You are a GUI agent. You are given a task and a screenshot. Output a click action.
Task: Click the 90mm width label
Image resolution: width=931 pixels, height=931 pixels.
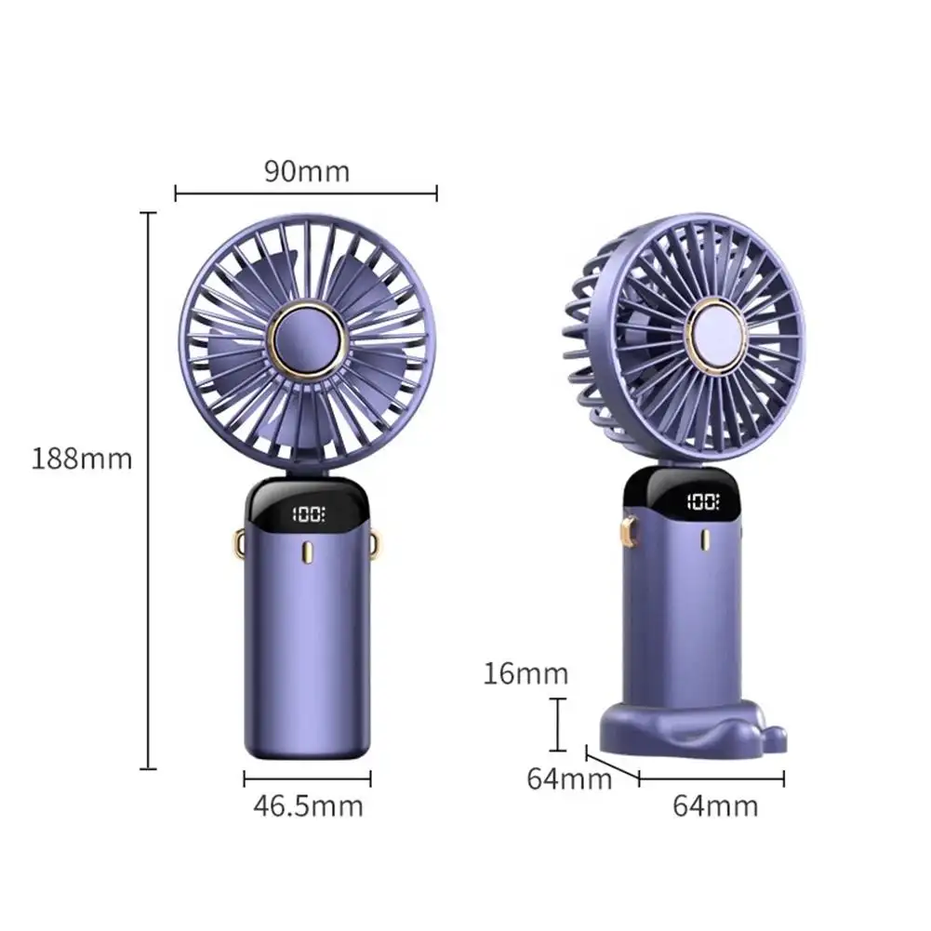click(x=306, y=171)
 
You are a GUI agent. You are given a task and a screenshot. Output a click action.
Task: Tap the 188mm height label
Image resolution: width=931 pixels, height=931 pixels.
click(x=83, y=459)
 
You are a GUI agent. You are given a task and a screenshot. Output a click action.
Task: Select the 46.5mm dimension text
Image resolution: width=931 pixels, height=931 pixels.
click(x=308, y=805)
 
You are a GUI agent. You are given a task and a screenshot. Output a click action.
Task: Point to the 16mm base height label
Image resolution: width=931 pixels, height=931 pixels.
click(x=525, y=672)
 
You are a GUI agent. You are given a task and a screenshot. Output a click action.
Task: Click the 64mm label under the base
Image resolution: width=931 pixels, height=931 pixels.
click(x=715, y=805)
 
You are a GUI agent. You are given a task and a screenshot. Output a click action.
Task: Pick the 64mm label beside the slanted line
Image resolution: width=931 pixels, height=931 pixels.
click(x=569, y=778)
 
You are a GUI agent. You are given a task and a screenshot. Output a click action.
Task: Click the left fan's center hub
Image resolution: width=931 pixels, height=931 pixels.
click(x=307, y=339)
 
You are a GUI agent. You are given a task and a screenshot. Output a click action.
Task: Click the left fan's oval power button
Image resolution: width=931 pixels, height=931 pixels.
click(x=307, y=555)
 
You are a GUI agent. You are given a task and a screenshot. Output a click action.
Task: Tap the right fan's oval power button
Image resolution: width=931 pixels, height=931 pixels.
click(x=703, y=543)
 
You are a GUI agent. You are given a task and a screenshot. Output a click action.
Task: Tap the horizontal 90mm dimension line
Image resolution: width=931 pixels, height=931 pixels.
click(x=306, y=193)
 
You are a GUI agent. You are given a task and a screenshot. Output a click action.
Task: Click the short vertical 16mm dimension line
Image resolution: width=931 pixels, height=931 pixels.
click(x=558, y=725)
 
